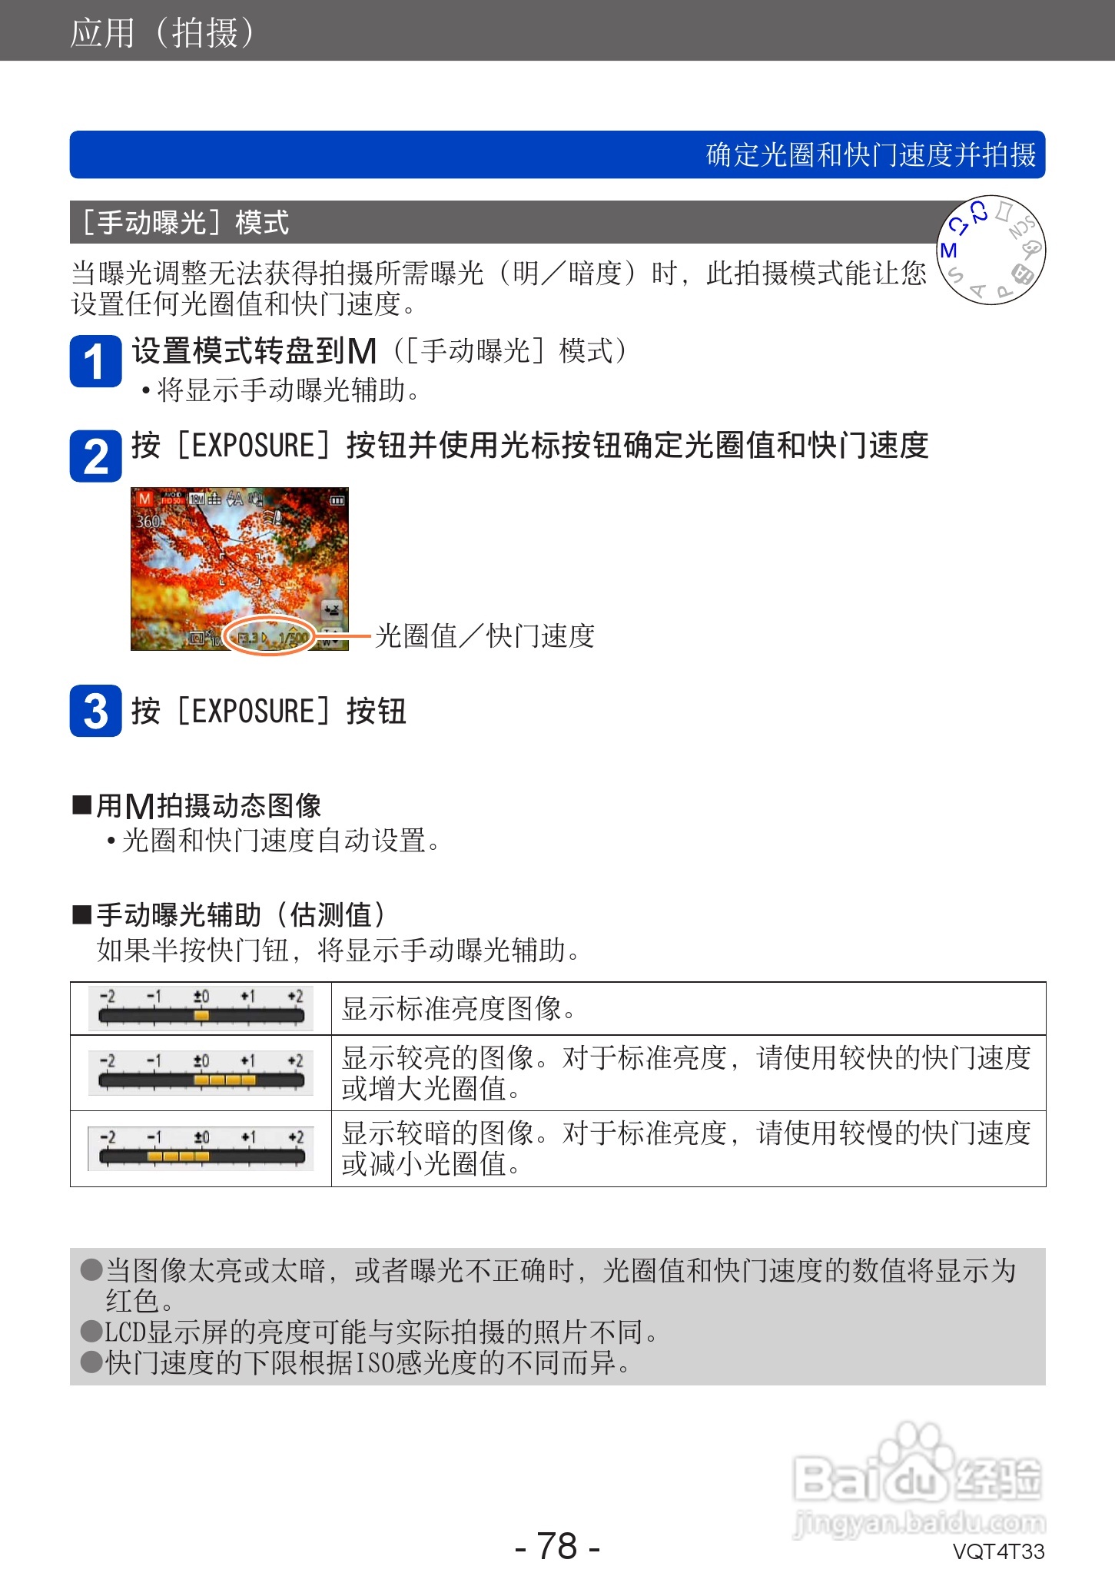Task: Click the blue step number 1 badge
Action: (x=95, y=361)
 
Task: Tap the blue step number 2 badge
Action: (x=95, y=456)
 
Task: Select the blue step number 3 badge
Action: (x=95, y=711)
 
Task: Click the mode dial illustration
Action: (x=991, y=251)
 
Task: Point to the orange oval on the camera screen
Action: (x=270, y=636)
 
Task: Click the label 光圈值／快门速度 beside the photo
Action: (x=485, y=636)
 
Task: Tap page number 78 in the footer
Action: (x=557, y=1546)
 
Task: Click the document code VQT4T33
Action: (x=998, y=1551)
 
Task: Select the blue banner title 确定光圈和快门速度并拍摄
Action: (x=871, y=155)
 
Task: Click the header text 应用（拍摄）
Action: (x=162, y=32)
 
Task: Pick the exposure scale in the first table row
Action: (x=201, y=1008)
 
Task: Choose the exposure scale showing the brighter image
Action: (x=201, y=1073)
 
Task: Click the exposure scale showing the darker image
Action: (x=201, y=1149)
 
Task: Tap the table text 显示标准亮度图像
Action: (x=459, y=1009)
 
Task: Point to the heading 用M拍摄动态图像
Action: (x=208, y=806)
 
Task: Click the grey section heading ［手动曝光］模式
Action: (x=185, y=223)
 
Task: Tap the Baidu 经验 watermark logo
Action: (x=918, y=1479)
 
